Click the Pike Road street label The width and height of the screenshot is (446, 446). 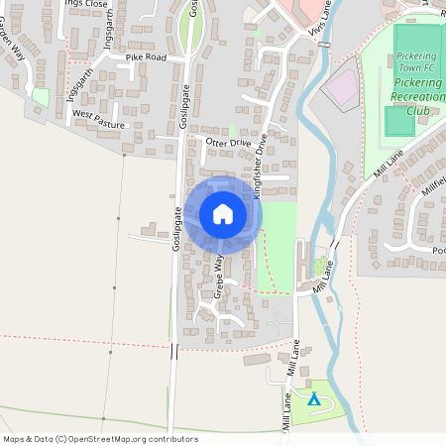tap(146, 58)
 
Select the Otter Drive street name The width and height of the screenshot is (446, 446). tap(229, 143)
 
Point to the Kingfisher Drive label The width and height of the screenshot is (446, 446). tap(261, 167)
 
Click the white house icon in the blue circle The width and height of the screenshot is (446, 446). tap(223, 213)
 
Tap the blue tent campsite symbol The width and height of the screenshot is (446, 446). tap(314, 399)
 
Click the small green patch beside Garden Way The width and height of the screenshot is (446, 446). tap(41, 97)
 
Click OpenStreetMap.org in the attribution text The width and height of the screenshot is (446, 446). tap(105, 439)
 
